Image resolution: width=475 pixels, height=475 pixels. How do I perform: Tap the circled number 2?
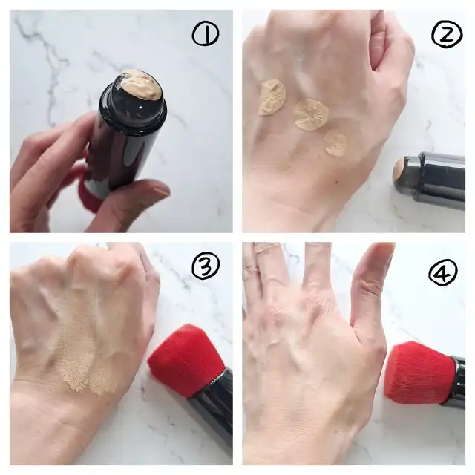point(447,34)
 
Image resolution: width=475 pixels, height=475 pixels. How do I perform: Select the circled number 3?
point(206,266)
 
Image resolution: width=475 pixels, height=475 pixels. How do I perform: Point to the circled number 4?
point(443,272)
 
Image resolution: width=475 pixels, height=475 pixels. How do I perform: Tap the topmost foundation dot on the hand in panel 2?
point(272,97)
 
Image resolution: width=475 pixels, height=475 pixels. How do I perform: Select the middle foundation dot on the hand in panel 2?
point(312,115)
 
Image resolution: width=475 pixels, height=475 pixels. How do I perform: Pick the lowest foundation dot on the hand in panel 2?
point(335,143)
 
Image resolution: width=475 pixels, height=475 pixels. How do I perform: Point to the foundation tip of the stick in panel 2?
point(399,173)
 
